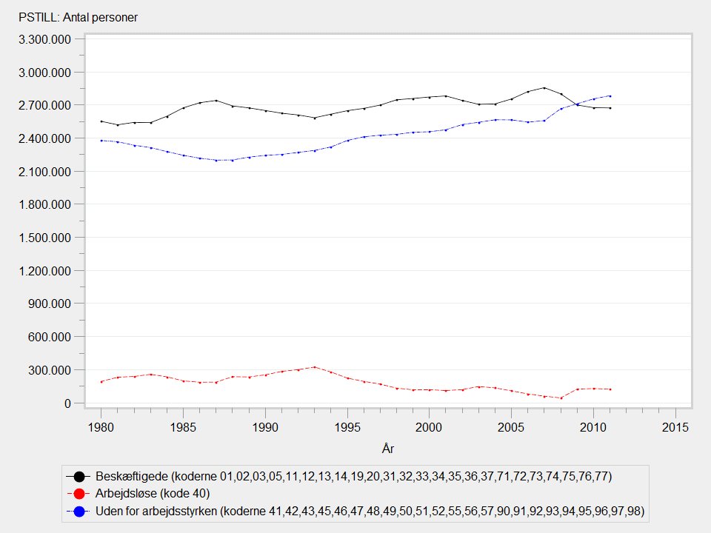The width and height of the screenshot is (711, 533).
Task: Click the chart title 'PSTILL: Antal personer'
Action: point(73,17)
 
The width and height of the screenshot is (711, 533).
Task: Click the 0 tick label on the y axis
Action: point(67,403)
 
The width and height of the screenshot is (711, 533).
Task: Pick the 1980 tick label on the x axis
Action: point(101,427)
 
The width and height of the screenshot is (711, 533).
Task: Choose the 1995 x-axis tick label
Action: point(347,427)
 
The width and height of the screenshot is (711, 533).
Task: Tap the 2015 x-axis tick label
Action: point(675,427)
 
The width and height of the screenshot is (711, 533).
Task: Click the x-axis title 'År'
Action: point(388,448)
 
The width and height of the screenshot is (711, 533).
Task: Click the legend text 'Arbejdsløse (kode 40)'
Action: point(152,493)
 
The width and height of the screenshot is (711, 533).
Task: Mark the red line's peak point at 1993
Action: point(315,366)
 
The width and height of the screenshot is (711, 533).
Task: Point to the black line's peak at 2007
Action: point(544,87)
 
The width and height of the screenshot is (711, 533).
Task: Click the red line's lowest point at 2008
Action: point(561,398)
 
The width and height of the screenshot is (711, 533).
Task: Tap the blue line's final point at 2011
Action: point(610,95)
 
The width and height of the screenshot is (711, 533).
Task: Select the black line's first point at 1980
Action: point(101,121)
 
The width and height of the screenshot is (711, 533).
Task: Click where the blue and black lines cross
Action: point(578,104)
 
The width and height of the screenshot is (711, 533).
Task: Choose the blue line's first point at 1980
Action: point(101,140)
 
